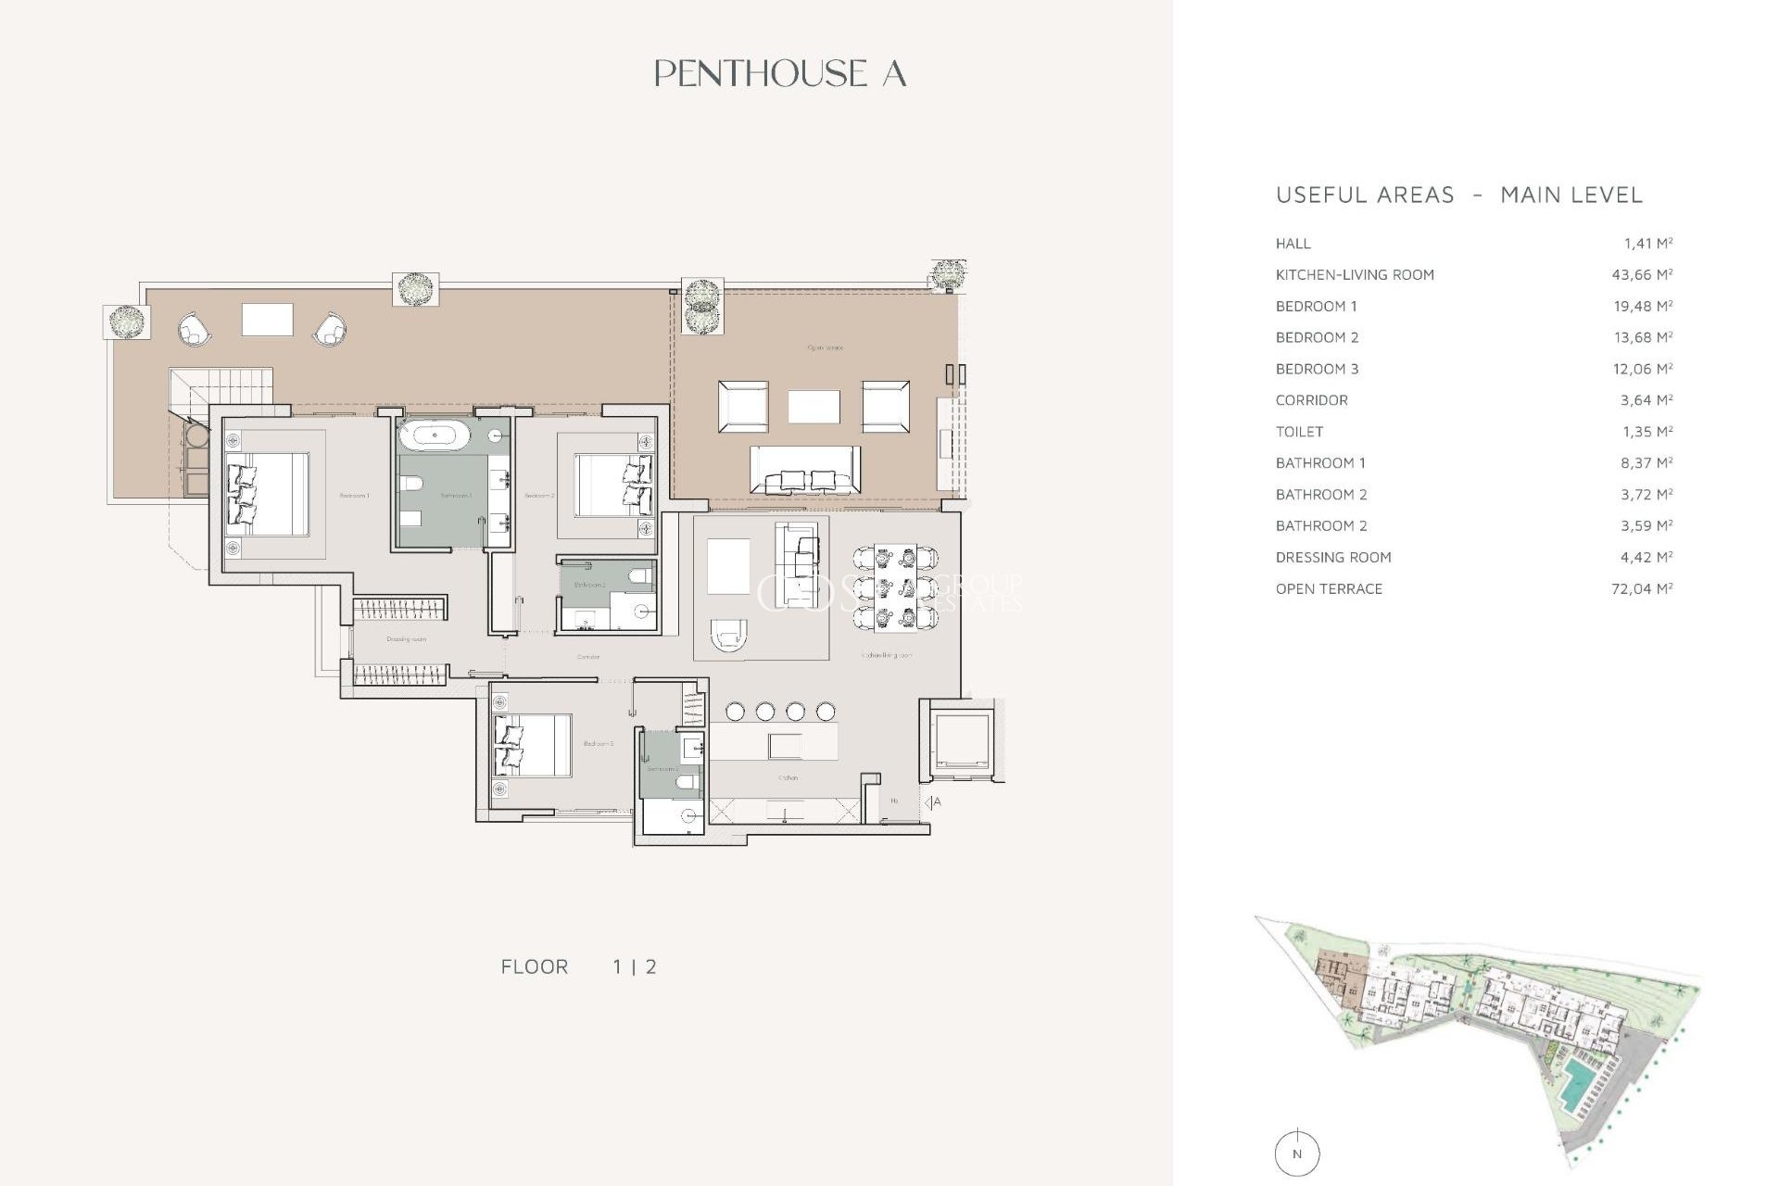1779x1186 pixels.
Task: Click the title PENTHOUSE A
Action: tap(779, 74)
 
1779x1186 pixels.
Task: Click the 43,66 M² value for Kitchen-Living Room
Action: tap(1641, 275)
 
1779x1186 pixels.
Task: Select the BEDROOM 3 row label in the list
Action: tap(1317, 369)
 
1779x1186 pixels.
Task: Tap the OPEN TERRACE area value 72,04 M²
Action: tap(1641, 588)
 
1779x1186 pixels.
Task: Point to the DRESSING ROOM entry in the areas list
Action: tap(1332, 557)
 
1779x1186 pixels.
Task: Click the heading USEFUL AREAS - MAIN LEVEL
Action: tap(1458, 196)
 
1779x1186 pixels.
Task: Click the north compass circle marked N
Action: tap(1296, 1154)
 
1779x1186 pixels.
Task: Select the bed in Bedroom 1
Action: tap(267, 494)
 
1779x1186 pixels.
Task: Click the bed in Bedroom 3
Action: tap(532, 745)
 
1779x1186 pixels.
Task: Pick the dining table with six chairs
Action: tap(895, 587)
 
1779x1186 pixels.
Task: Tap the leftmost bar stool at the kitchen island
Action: tap(735, 712)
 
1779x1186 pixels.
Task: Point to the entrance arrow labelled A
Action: tap(932, 802)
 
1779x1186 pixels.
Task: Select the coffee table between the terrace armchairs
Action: tap(814, 407)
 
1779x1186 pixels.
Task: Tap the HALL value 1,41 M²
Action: tap(1647, 244)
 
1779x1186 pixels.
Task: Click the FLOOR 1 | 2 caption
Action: tap(578, 966)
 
